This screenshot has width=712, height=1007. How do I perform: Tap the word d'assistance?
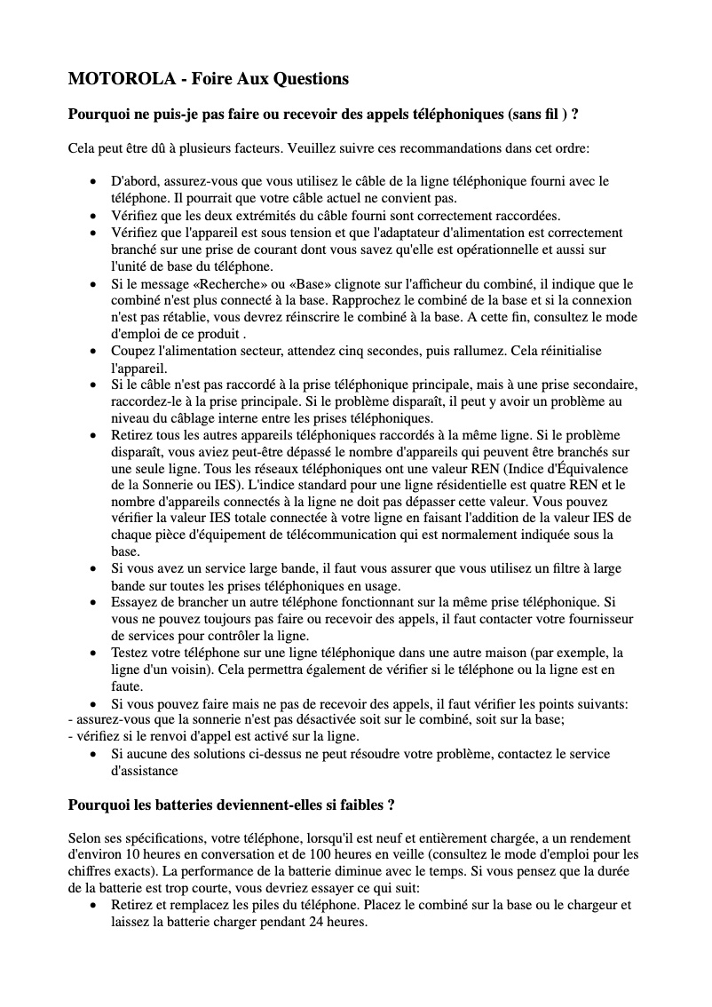144,771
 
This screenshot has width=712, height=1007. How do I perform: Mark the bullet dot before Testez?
95,653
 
